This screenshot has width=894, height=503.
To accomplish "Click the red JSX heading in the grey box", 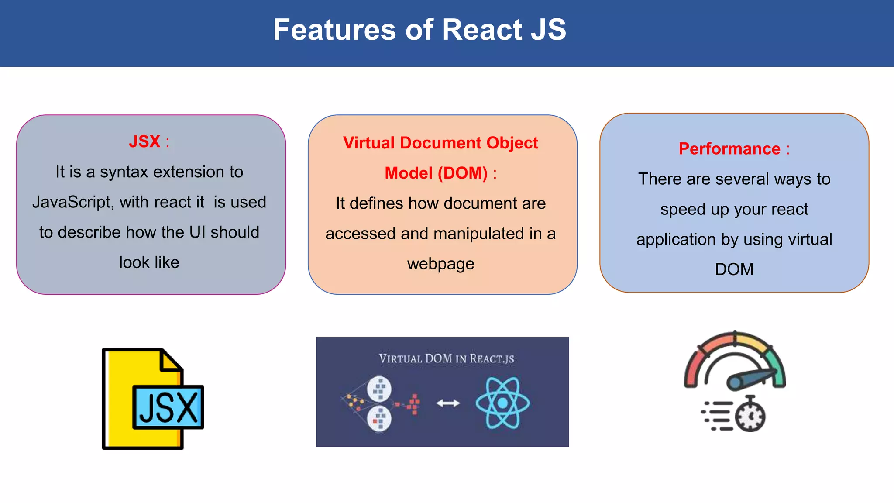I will [144, 141].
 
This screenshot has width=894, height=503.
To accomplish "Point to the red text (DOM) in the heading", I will [462, 173].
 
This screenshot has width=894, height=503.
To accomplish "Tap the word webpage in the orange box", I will [440, 264].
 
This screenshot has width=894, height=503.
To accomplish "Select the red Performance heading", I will [729, 149].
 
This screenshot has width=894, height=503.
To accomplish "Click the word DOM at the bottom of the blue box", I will [734, 269].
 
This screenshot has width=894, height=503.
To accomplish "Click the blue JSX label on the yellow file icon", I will [168, 407].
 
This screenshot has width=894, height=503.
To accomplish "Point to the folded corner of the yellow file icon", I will [171, 361].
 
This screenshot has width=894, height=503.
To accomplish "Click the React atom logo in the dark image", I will [502, 403].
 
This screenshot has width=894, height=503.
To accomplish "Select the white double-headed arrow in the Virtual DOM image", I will [448, 403].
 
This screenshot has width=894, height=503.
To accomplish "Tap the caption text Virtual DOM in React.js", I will [446, 359].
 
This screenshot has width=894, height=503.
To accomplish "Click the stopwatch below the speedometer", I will [750, 415].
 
